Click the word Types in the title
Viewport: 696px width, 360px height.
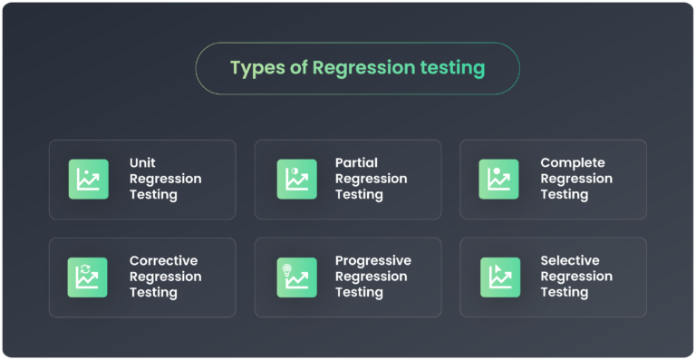point(253,68)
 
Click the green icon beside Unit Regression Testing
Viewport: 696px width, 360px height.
point(88,180)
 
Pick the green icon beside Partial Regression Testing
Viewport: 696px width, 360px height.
point(296,180)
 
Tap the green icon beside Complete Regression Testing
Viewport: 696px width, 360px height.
point(499,180)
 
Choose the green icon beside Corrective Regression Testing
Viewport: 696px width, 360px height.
point(88,277)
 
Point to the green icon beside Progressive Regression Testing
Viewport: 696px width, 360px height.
point(296,277)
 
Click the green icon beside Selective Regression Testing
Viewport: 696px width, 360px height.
point(499,277)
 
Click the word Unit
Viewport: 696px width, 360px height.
point(142,163)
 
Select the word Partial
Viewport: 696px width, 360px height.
point(356,163)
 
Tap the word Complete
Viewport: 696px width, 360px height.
point(573,163)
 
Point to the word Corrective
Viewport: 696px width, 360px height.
point(163,261)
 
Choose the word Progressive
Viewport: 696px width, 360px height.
point(372,261)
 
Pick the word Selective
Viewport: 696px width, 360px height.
point(569,261)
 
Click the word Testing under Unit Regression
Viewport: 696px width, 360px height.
point(153,195)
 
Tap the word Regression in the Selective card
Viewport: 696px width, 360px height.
point(576,277)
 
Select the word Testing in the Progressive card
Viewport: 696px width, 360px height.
point(359,292)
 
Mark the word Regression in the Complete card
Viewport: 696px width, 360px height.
point(576,179)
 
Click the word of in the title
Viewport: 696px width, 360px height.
point(297,68)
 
